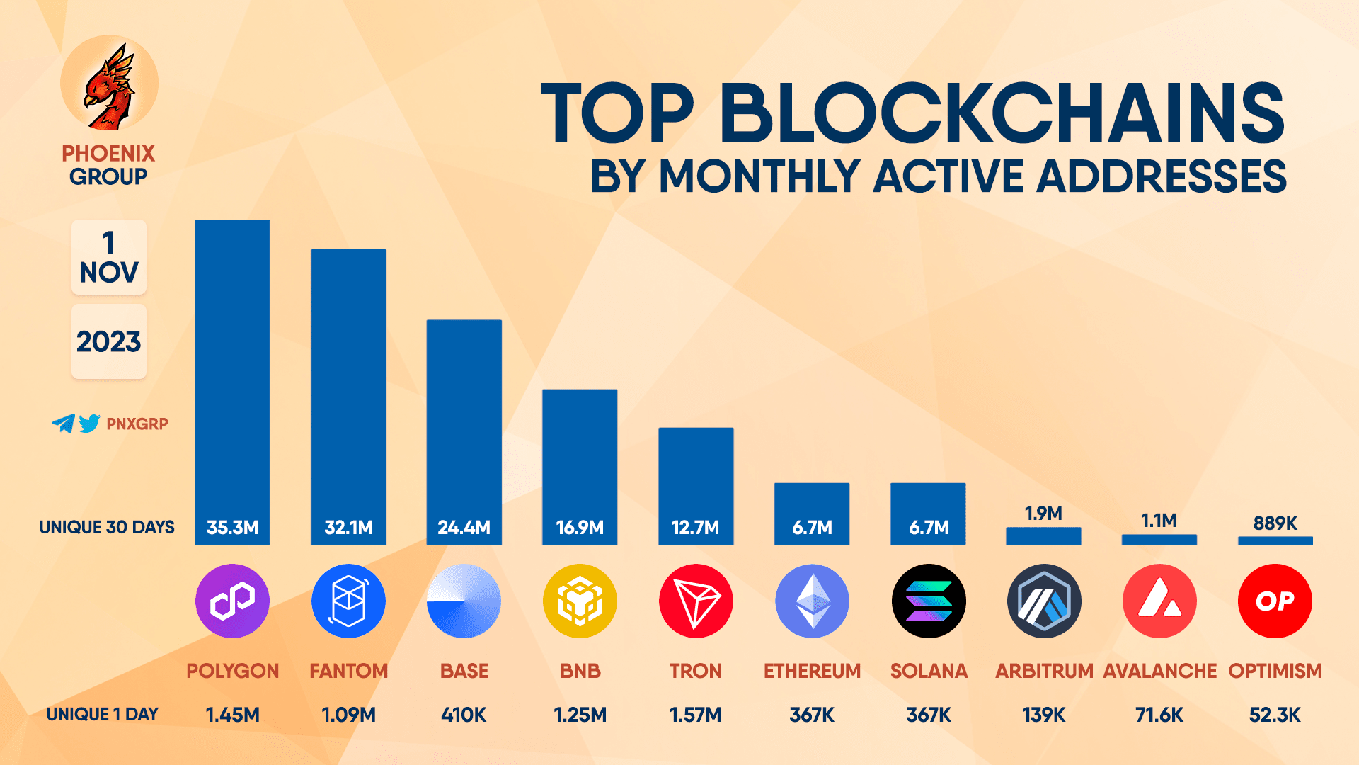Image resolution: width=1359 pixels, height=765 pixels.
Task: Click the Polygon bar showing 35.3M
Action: pos(232,382)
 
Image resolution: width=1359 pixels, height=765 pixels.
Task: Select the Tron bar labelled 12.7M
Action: pos(696,485)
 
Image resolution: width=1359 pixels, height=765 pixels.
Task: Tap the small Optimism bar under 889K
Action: pos(1275,540)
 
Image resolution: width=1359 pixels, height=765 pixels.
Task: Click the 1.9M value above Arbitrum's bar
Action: pos(1043,514)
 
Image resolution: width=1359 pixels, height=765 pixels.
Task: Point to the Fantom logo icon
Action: pos(348,601)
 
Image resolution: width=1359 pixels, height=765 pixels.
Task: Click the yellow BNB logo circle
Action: pos(580,601)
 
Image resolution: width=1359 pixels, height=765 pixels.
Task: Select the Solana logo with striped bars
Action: pos(928,601)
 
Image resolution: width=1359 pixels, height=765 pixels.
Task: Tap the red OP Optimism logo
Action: pos(1275,601)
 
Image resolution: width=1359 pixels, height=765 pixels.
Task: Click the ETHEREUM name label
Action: pos(812,671)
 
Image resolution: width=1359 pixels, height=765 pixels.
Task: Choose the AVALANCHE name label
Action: pos(1159,671)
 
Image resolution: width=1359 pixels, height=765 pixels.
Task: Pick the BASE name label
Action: pos(464,671)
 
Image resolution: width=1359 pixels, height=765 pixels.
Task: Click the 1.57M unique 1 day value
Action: pos(695,715)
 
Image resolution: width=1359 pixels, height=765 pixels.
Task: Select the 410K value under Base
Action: pos(464,715)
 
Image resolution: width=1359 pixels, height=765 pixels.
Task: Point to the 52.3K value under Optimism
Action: pos(1275,715)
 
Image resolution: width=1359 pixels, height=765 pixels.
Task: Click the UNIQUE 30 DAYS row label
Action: pos(107,527)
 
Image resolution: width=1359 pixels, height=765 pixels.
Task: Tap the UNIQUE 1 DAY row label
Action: pos(103,714)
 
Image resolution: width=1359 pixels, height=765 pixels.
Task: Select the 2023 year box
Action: pos(109,341)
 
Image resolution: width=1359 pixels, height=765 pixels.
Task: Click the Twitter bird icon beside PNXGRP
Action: pos(89,424)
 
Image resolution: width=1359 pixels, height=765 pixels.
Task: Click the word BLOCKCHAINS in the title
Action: pos(1002,113)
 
